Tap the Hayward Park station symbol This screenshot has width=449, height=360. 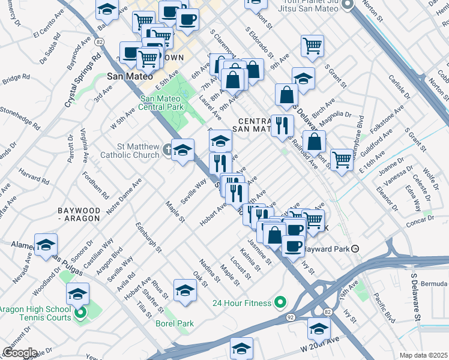[355, 248]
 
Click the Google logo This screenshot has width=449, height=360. [19, 353]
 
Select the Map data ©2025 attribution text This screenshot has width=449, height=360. [423, 355]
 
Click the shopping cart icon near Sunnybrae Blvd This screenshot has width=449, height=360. [342, 160]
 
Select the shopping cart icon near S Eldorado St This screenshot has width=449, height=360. [313, 46]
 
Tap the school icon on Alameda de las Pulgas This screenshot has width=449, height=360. [46, 245]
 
